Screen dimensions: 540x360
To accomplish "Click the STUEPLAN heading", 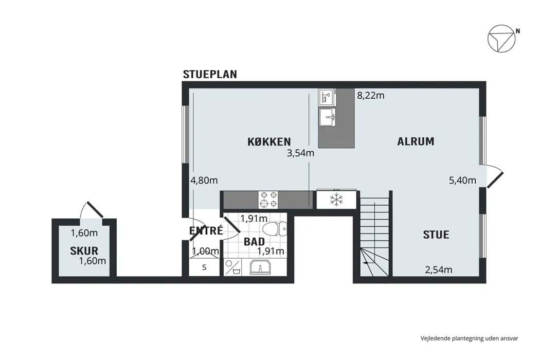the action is tap(210, 75).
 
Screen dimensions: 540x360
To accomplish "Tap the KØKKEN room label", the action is tap(269, 141).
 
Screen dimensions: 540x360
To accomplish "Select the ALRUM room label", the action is tap(416, 141).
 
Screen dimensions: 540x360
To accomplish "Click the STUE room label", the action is tap(436, 235).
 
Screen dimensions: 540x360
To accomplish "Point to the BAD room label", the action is tap(254, 242).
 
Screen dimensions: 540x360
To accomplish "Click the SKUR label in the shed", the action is tap(84, 251).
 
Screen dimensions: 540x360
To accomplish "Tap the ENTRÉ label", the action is tap(206, 230).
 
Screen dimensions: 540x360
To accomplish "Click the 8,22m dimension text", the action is tap(371, 96).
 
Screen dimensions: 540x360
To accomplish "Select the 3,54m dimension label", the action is tap(300, 153).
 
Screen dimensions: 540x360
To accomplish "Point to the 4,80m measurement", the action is tap(204, 180).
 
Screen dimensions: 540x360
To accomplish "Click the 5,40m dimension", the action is tap(462, 180).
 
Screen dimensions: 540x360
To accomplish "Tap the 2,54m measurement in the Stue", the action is tap(438, 269).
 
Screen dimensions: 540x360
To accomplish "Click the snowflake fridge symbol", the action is tap(336, 200).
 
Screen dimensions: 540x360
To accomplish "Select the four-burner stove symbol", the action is tap(268, 200).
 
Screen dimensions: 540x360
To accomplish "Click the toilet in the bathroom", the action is tap(275, 228).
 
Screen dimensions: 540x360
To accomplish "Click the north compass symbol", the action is tap(501, 39).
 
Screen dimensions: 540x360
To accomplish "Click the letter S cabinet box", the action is tap(204, 267).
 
